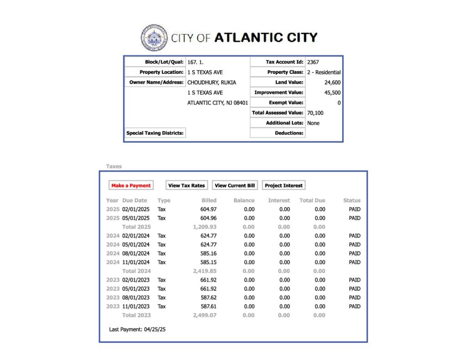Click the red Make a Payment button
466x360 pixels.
[x=131, y=186]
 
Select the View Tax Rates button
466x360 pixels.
[x=187, y=186]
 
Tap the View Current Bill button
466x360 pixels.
[x=235, y=186]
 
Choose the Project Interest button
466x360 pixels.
[x=284, y=186]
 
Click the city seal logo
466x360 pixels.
[x=154, y=38]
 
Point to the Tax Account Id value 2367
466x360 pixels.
[x=313, y=62]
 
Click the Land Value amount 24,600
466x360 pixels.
[x=332, y=82]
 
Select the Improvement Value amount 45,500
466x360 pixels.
[x=332, y=93]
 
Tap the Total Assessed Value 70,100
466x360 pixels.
[x=315, y=113]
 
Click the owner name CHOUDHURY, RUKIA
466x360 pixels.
[x=212, y=82]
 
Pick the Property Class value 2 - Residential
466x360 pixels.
[x=324, y=72]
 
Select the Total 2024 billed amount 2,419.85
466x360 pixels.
[x=205, y=271]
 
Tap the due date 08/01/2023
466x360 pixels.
[x=136, y=298]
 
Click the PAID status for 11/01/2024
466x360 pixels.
[x=355, y=262]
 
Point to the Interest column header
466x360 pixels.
[x=279, y=200]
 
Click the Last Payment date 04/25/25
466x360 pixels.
[x=155, y=329]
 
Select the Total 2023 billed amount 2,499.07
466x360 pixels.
[x=205, y=315]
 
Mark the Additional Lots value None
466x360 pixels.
[x=313, y=123]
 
